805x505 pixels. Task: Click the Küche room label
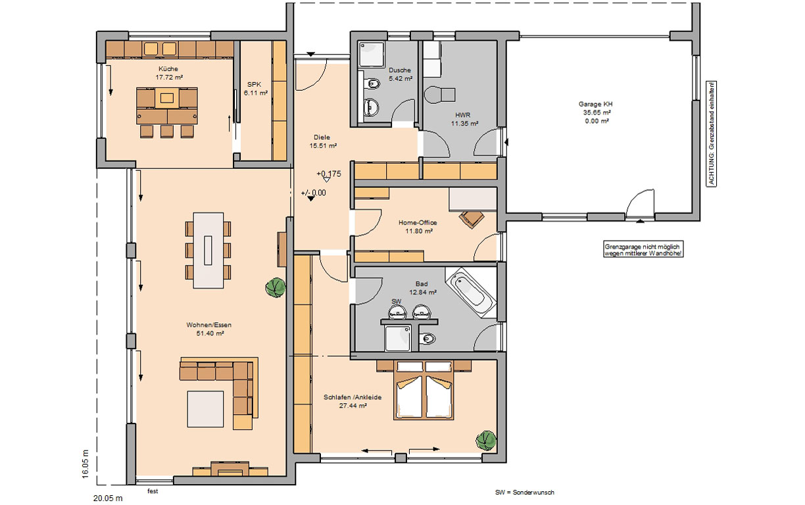[168, 68]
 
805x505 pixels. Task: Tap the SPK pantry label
[254, 84]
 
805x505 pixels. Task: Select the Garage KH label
[595, 104]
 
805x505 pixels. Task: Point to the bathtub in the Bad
[471, 293]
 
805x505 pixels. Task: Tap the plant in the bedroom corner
[486, 441]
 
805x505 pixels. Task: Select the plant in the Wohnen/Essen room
[276, 287]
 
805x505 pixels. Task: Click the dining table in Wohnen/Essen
[208, 250]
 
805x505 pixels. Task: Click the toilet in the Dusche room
[371, 84]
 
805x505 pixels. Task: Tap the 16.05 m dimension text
[85, 464]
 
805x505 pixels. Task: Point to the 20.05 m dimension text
[108, 498]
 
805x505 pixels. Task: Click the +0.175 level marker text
[329, 174]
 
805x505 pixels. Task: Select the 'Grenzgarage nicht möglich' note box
[643, 250]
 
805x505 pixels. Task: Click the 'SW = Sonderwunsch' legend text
[524, 493]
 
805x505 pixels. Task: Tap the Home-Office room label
[418, 222]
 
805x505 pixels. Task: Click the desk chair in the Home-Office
[472, 219]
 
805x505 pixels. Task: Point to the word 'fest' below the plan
[153, 491]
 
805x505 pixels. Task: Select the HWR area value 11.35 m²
[465, 124]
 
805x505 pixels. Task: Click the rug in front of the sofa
[205, 409]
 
